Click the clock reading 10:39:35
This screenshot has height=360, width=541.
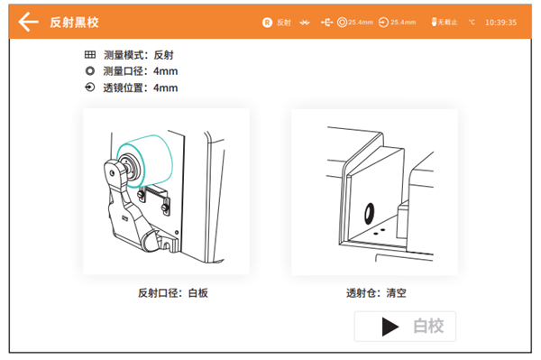coord(500,22)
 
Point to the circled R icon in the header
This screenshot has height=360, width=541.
coord(267,22)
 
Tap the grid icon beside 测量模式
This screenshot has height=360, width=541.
coord(89,55)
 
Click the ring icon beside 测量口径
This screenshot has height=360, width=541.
coord(89,71)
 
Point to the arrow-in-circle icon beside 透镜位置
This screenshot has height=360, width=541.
coord(89,88)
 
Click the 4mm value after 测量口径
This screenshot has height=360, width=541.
coord(166,71)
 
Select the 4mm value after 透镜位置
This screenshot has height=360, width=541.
coord(166,88)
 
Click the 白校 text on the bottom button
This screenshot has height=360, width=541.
coord(428,326)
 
